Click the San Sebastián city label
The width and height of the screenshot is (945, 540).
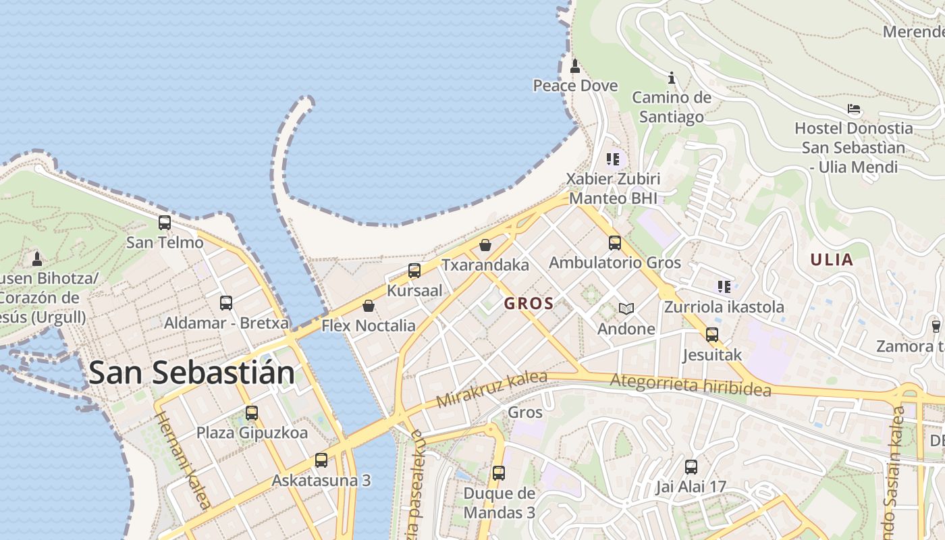pyautogui.click(x=192, y=373)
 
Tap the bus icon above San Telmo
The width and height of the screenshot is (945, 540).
pyautogui.click(x=165, y=223)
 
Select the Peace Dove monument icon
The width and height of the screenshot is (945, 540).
pyautogui.click(x=575, y=66)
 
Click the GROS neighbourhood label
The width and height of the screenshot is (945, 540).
pyautogui.click(x=529, y=304)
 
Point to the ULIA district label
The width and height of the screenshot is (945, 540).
pyautogui.click(x=832, y=260)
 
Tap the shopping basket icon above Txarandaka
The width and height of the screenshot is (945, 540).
pyautogui.click(x=485, y=245)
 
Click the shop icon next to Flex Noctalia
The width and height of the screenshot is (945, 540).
pyautogui.click(x=369, y=306)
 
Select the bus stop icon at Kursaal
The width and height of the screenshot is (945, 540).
pyautogui.click(x=414, y=271)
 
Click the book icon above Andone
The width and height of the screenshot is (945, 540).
pyautogui.click(x=626, y=309)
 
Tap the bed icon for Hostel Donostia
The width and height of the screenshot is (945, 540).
pyautogui.click(x=854, y=109)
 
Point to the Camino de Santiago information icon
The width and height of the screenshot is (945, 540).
pyautogui.click(x=671, y=78)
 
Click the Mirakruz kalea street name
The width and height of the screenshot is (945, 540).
pyautogui.click(x=491, y=389)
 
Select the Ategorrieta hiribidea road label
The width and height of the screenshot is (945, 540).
pyautogui.click(x=690, y=385)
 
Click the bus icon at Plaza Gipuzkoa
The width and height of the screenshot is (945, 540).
pyautogui.click(x=252, y=413)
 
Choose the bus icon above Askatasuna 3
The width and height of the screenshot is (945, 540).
pyautogui.click(x=321, y=460)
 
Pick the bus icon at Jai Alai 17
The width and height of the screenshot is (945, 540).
pyautogui.click(x=691, y=466)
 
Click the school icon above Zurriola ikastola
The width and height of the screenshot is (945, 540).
pyautogui.click(x=724, y=287)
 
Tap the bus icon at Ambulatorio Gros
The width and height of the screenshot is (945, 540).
pyautogui.click(x=614, y=243)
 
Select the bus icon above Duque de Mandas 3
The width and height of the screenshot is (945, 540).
pyautogui.click(x=499, y=473)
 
